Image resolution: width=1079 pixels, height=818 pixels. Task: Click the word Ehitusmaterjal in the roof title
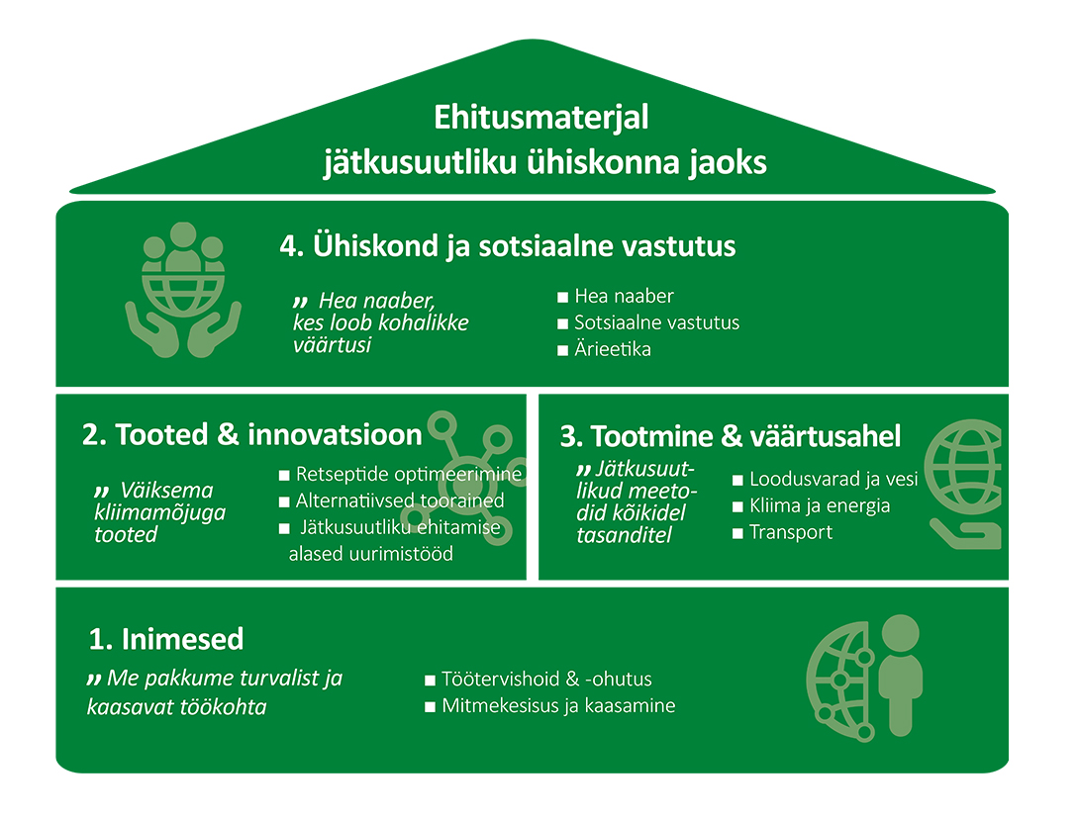pyautogui.click(x=540, y=119)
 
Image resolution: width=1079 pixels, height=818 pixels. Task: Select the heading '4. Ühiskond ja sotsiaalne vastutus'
pyautogui.click(x=507, y=246)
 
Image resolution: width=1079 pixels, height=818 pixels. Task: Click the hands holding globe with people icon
pyautogui.click(x=183, y=290)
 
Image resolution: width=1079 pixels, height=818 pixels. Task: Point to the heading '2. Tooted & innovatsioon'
pyautogui.click(x=251, y=434)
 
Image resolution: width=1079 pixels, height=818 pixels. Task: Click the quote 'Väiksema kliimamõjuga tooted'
pyautogui.click(x=159, y=512)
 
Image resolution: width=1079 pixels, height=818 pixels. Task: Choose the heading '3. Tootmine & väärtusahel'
pyautogui.click(x=731, y=436)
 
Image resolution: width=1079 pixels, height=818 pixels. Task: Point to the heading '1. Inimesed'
pyautogui.click(x=166, y=639)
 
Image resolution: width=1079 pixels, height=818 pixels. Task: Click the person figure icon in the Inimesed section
pyautogui.click(x=900, y=675)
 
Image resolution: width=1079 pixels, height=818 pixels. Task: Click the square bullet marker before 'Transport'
pyautogui.click(x=737, y=533)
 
